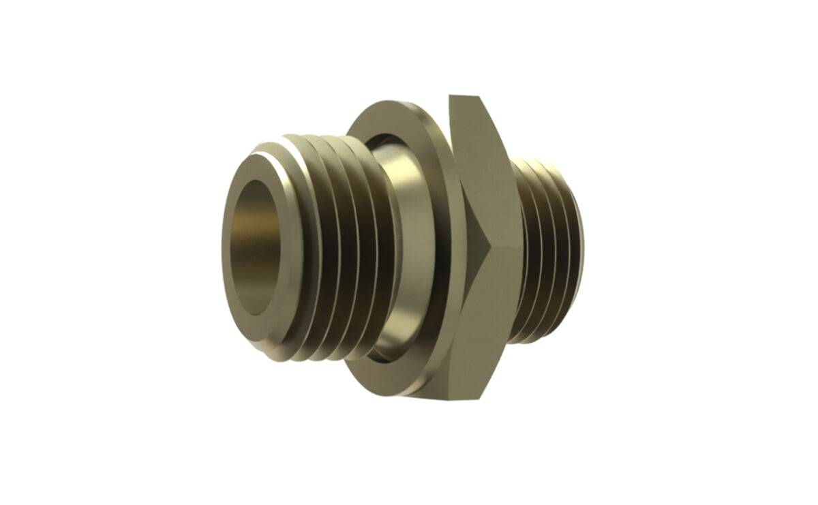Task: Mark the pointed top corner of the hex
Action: [x=452, y=97]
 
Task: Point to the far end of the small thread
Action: [x=579, y=252]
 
